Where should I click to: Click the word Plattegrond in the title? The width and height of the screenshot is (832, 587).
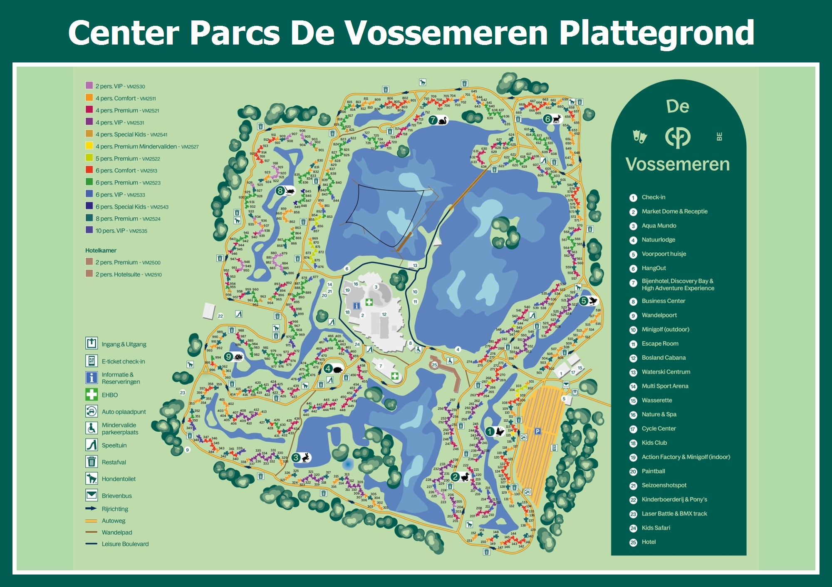coord(656,33)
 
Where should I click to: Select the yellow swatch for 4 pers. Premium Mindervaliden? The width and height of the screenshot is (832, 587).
coord(89,146)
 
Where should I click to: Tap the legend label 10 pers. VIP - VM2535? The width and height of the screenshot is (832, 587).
coord(121,231)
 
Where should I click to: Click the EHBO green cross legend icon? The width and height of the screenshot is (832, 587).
coord(91,394)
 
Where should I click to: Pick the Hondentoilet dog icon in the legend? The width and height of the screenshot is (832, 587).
coord(91,478)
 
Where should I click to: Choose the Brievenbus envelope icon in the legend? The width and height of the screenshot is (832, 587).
coord(91,495)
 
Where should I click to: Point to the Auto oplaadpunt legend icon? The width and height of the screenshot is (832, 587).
coord(91,411)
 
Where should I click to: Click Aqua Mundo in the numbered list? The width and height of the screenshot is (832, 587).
coord(659,226)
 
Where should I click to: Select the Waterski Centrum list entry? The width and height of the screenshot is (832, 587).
coord(666,372)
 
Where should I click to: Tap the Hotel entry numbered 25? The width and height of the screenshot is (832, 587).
coord(648,542)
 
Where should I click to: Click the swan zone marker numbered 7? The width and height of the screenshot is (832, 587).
coord(438,120)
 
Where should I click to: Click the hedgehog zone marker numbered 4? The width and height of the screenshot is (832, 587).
coord(333,368)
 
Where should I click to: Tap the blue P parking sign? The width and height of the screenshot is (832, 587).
coord(537,431)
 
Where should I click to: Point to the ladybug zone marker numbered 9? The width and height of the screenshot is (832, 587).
coord(233,357)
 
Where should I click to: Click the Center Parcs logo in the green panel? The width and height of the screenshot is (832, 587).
coord(678,137)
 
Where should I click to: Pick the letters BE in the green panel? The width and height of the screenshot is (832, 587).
coord(719,137)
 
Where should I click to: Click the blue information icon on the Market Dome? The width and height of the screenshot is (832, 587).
coord(357,306)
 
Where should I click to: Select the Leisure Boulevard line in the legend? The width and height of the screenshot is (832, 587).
coord(91,544)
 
